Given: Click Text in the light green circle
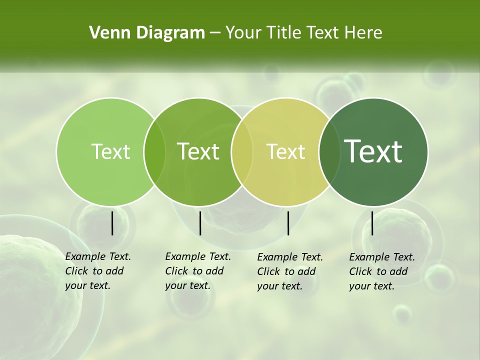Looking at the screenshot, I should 110,151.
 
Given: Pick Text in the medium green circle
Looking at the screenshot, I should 198,151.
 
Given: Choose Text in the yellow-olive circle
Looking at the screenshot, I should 286,151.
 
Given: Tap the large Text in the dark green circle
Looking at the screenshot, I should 373,151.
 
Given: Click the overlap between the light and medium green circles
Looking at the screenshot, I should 154,151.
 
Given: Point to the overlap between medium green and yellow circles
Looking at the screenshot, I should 242,151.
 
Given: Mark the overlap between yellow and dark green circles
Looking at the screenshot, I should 329,151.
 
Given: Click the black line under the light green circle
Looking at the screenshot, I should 112,223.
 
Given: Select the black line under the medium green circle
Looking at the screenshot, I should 200,223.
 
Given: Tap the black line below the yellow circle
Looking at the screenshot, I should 288,223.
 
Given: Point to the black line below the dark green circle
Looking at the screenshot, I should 372,223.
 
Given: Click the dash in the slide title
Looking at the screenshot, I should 215,33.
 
